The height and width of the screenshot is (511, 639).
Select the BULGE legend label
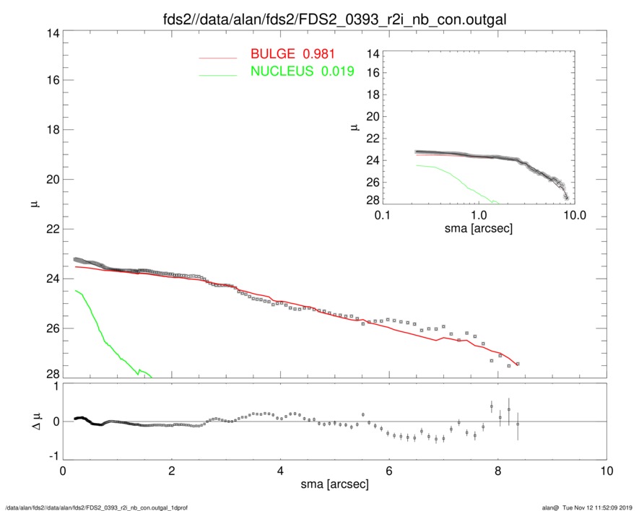(x=274, y=54)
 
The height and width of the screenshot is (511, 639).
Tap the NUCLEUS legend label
(x=282, y=71)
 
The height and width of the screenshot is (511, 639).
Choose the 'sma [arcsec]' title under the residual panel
(x=334, y=484)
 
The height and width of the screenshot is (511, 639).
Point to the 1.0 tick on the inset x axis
(x=478, y=216)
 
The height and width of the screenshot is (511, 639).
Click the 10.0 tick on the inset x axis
(x=574, y=216)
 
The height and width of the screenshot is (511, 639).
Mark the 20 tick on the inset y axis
(x=373, y=117)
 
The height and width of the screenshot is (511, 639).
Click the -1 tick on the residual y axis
(x=51, y=456)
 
